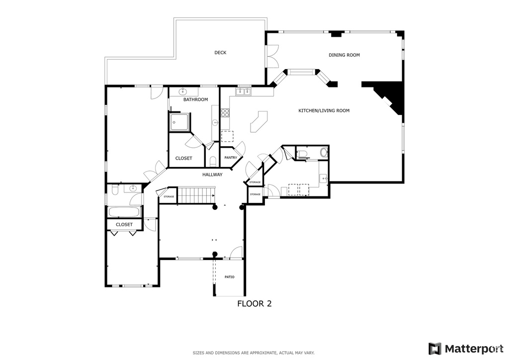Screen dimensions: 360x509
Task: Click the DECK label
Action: pos(220,53)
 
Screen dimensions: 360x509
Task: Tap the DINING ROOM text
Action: pos(344,55)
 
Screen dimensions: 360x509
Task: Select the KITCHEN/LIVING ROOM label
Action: pos(324,110)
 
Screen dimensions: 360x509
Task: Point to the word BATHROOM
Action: pos(195,100)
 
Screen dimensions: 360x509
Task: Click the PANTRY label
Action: pos(230,158)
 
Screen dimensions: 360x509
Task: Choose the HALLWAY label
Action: pos(212,175)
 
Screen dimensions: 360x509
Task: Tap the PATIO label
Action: pos(229,277)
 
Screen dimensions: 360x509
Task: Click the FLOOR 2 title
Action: pos(254,303)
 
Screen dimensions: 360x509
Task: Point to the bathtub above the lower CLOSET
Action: pos(124,212)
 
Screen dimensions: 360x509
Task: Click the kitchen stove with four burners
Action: pos(225,113)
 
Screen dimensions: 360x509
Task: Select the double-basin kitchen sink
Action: pos(244,91)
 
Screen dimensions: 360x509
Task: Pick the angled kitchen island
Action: pos(258,122)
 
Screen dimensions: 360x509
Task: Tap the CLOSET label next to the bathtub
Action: pos(124,225)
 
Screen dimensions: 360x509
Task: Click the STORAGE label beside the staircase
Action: pos(169,197)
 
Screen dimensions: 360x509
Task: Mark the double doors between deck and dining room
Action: pos(272,56)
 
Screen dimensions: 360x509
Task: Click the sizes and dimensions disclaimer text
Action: pos(254,353)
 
